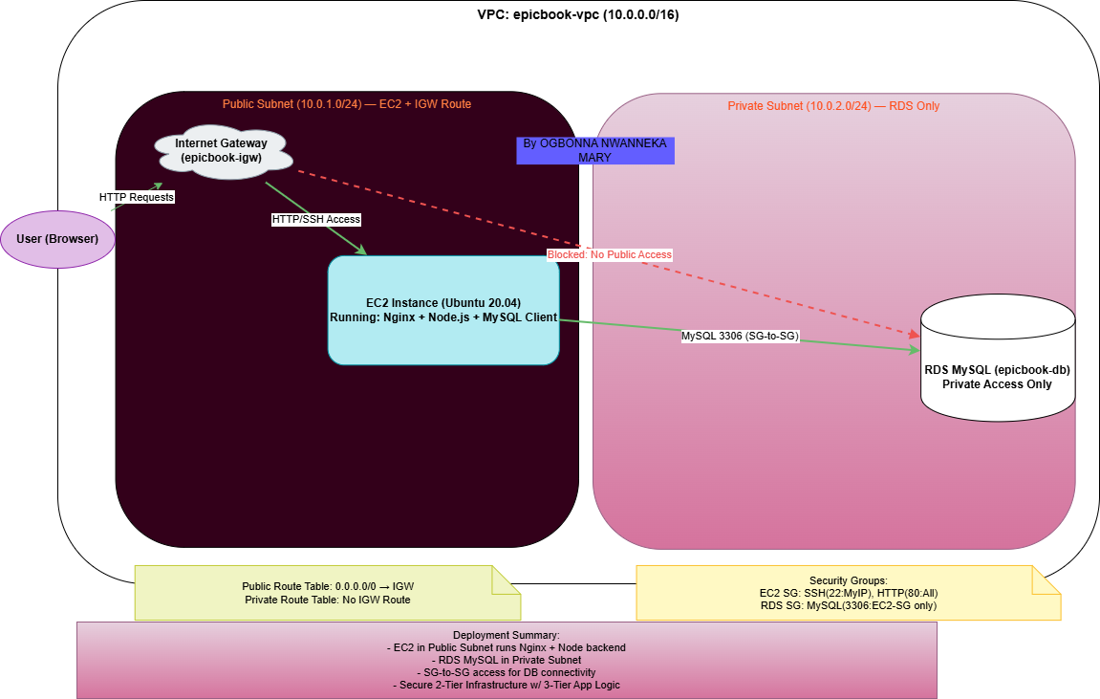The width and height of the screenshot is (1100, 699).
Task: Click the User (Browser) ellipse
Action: [57, 239]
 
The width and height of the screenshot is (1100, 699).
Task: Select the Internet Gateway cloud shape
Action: [223, 152]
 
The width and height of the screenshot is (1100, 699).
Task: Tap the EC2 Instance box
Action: [443, 310]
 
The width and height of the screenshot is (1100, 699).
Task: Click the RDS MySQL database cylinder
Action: [997, 358]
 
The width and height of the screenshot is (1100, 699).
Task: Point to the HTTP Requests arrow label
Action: [136, 197]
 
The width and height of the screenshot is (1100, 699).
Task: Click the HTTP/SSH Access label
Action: [315, 220]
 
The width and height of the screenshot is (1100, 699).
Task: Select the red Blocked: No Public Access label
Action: [610, 254]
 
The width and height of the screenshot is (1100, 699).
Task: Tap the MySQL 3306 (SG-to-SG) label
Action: [740, 337]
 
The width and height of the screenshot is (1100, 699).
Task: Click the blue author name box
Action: [594, 150]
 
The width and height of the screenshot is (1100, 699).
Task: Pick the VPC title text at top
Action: [578, 14]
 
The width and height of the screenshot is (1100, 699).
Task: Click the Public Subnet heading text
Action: [347, 104]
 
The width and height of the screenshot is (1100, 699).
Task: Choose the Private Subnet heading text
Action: [833, 106]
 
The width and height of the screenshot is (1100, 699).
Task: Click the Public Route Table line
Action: [328, 586]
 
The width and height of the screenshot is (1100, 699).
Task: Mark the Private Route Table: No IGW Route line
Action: [328, 601]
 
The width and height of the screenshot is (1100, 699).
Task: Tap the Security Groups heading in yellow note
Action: [848, 580]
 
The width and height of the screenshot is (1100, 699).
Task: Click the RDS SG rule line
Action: [848, 605]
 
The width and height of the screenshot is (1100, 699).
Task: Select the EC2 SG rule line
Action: [848, 593]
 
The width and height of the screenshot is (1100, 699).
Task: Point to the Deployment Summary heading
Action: [506, 635]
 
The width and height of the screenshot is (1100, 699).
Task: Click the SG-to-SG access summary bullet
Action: [506, 672]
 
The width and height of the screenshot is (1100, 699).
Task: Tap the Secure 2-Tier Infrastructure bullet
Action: [506, 685]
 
